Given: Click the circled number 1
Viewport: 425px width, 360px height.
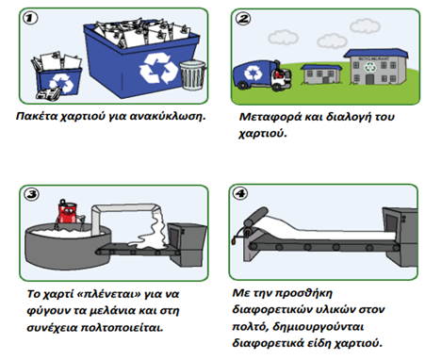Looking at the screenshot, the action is point(30,18).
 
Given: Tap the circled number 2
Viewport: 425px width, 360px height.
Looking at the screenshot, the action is point(242,19).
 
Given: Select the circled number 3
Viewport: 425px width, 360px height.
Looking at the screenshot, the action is point(32,194).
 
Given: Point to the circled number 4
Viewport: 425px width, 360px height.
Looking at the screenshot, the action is point(240,193).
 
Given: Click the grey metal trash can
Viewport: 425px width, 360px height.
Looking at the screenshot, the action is point(192,74).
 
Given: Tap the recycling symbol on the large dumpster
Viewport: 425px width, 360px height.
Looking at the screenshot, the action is point(158,68).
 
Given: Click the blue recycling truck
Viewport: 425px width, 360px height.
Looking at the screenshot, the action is point(262,74).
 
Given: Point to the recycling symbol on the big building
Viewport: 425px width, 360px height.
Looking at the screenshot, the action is point(370,67).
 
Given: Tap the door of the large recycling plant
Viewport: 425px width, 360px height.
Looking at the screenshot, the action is point(369,79).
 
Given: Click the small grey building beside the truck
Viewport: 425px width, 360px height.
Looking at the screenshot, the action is point(321,74).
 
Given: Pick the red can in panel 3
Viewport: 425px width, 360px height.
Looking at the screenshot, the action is point(67,212).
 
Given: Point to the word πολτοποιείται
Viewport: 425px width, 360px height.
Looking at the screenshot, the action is point(122,328).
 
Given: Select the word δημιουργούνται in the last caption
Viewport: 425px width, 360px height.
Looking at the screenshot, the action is point(318,327).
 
